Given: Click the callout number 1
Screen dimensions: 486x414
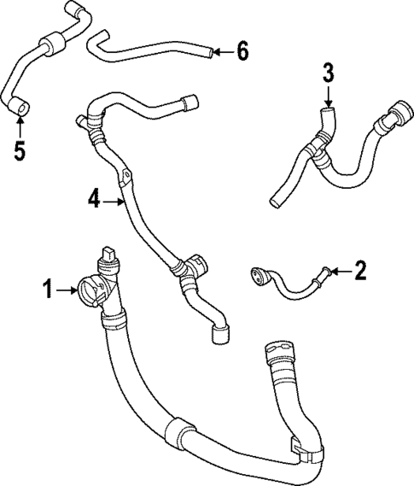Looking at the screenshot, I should pyautogui.click(x=49, y=291).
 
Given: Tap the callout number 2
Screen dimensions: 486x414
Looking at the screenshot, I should pyautogui.click(x=359, y=272).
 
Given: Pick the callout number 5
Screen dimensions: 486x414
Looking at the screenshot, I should pyautogui.click(x=19, y=151).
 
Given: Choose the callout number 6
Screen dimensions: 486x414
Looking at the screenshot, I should pyautogui.click(x=242, y=52).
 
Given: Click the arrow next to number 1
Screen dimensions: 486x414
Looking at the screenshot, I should pyautogui.click(x=67, y=291).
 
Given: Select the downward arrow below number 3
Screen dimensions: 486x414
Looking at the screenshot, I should pyautogui.click(x=328, y=94).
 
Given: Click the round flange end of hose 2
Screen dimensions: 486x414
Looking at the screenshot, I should pyautogui.click(x=256, y=274).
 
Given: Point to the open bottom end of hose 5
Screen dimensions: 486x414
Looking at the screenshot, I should pyautogui.click(x=20, y=107).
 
